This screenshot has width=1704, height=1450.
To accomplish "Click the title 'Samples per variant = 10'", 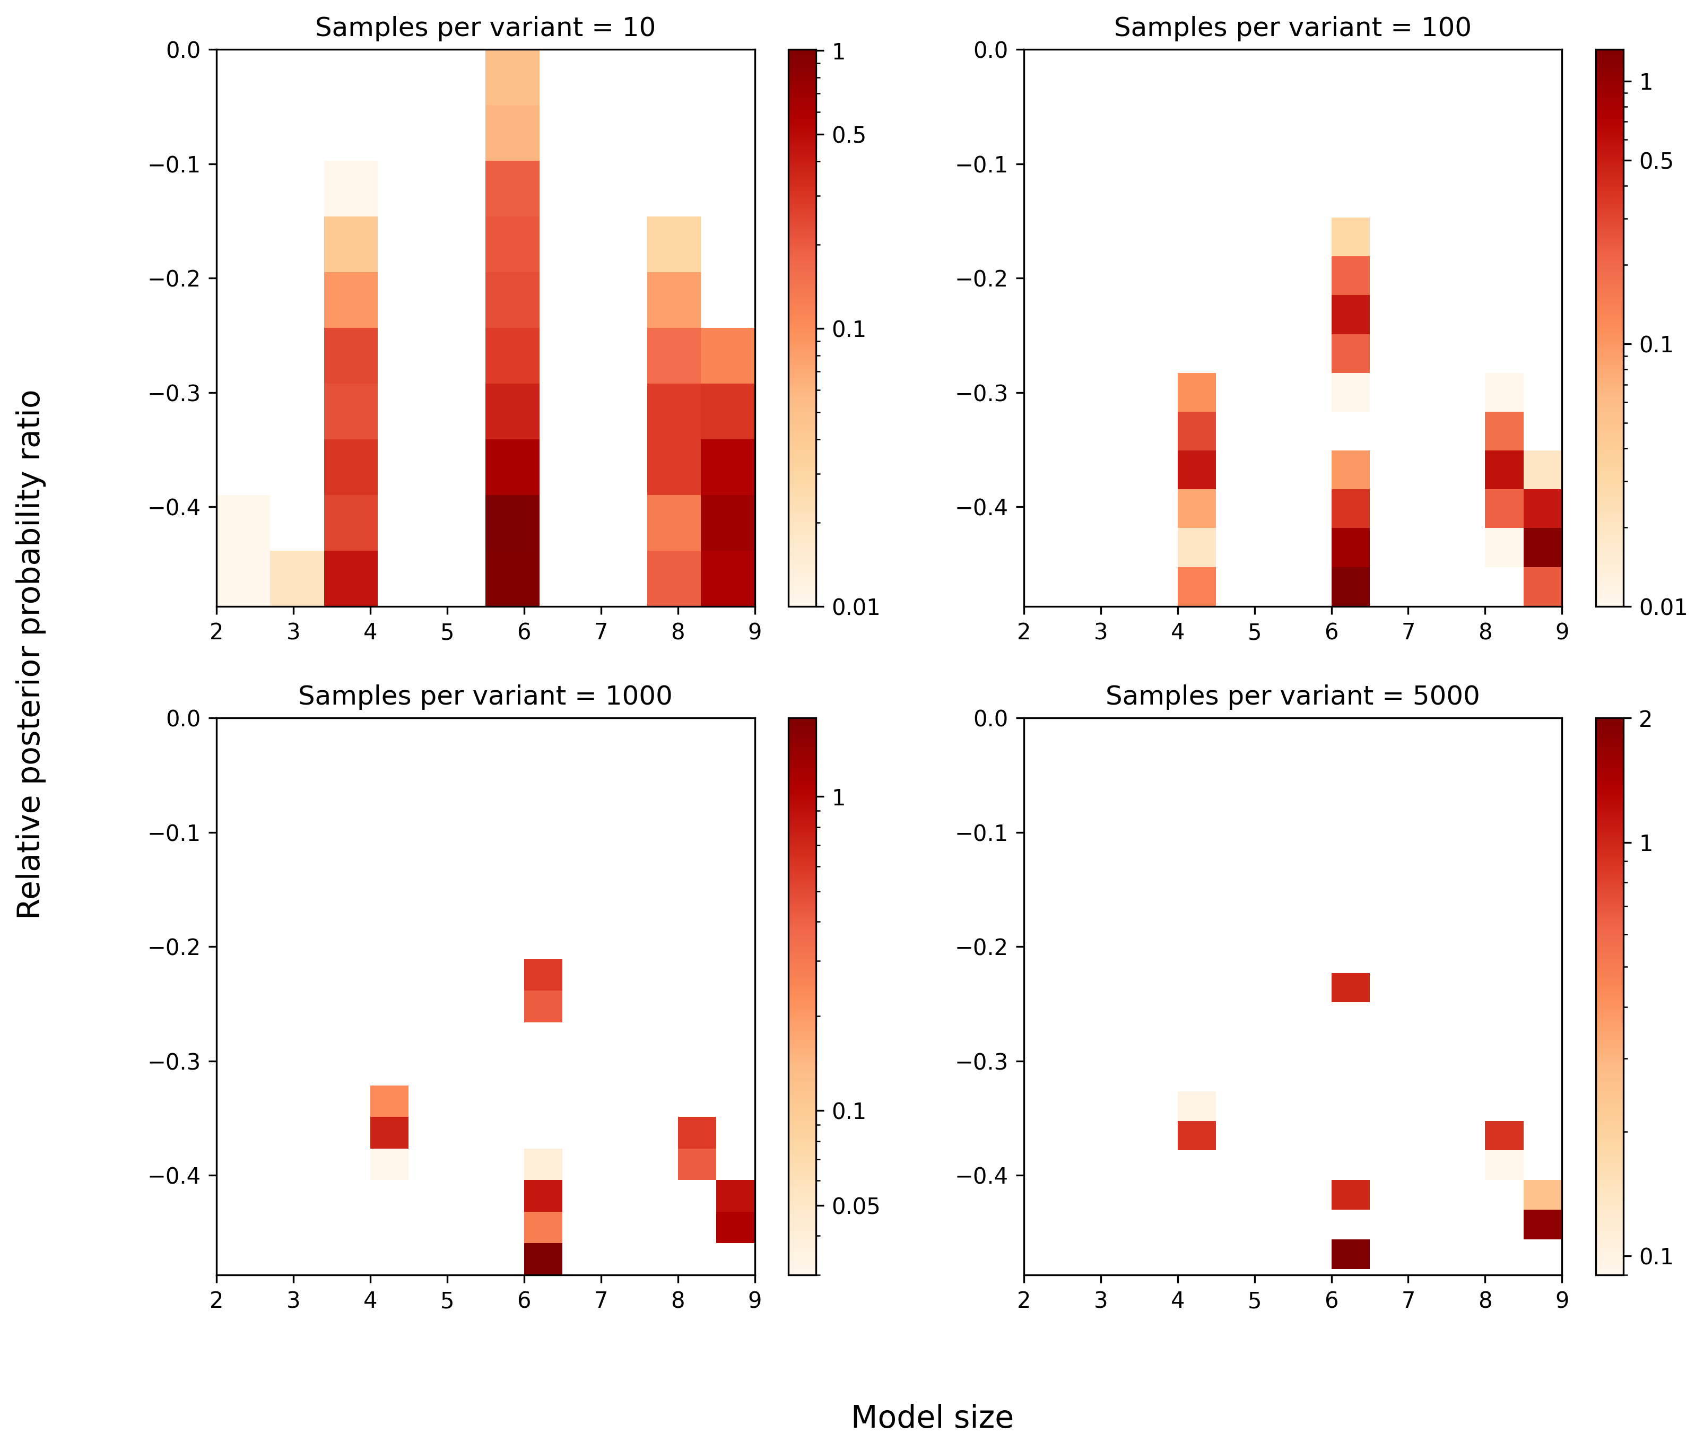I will click(x=485, y=27).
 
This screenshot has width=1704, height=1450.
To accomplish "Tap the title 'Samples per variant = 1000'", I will click(x=485, y=696).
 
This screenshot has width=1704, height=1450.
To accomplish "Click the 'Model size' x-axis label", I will click(x=932, y=1417).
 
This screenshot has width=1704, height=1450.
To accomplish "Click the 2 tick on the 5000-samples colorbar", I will click(x=1645, y=719).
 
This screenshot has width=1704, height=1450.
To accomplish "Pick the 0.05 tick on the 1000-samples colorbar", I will click(x=855, y=1206).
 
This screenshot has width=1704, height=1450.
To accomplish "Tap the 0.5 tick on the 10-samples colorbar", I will click(x=848, y=135).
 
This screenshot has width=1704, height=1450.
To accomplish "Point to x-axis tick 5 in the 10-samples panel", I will click(x=447, y=631).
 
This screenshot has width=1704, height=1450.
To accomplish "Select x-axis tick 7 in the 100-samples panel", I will click(x=1408, y=631).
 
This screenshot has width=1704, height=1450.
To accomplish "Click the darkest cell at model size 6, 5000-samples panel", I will click(x=1351, y=1254).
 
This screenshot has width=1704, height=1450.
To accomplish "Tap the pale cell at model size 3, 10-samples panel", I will click(x=296, y=578).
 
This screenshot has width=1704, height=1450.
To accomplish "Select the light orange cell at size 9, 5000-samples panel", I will click(x=1542, y=1194).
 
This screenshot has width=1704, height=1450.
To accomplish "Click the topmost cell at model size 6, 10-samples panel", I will click(x=512, y=77).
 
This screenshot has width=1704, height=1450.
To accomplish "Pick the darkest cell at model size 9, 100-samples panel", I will click(x=1542, y=546).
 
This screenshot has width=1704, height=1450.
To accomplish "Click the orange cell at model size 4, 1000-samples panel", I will click(x=389, y=1101).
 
